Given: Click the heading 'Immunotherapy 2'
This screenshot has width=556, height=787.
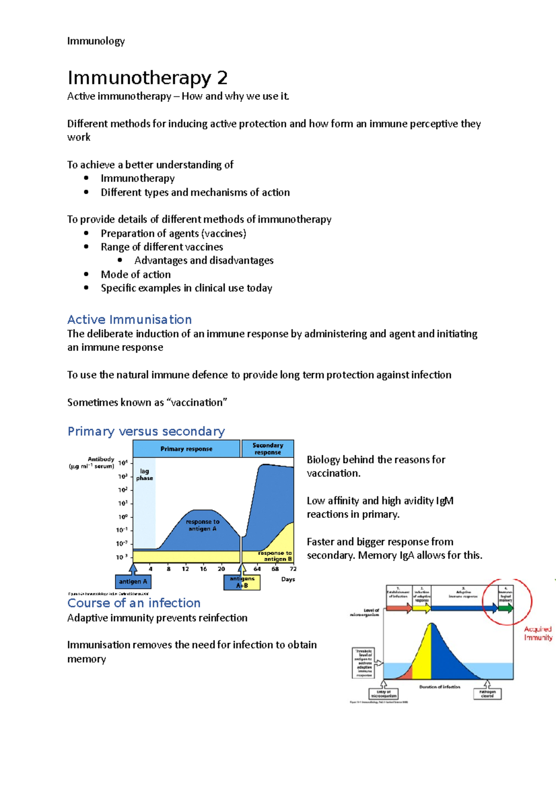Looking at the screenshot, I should [x=147, y=78].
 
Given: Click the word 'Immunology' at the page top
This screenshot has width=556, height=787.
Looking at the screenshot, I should [x=96, y=41].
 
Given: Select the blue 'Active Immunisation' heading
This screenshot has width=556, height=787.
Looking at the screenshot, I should [x=129, y=319].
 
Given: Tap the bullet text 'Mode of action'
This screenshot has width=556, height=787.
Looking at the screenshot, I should [x=136, y=274].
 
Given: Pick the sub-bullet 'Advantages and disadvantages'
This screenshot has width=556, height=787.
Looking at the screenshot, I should [x=204, y=260].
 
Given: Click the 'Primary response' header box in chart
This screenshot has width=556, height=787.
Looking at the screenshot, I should [x=186, y=449].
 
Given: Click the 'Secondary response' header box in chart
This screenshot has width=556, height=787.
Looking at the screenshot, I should [x=267, y=449].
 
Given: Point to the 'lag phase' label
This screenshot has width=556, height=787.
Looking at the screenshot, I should [x=144, y=474].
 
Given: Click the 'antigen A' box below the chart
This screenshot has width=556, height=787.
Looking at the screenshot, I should [x=133, y=582].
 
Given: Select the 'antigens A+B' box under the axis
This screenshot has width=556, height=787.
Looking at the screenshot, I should [x=242, y=582].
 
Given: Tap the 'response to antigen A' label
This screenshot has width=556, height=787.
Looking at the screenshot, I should [x=202, y=525].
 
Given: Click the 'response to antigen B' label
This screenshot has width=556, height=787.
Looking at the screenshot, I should [x=275, y=556].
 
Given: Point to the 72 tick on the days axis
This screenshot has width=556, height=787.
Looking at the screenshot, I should [x=293, y=569].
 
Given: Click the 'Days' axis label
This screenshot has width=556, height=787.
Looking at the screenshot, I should [x=288, y=579].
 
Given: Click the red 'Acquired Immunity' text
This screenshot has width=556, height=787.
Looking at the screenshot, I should [x=537, y=633].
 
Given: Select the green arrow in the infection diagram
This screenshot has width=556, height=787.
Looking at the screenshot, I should [x=505, y=608].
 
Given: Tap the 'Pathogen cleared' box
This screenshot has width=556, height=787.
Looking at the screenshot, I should [x=487, y=694].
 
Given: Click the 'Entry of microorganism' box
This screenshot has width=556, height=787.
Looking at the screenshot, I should [x=383, y=694].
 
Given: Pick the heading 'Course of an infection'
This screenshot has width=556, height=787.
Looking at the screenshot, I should [x=134, y=603].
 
